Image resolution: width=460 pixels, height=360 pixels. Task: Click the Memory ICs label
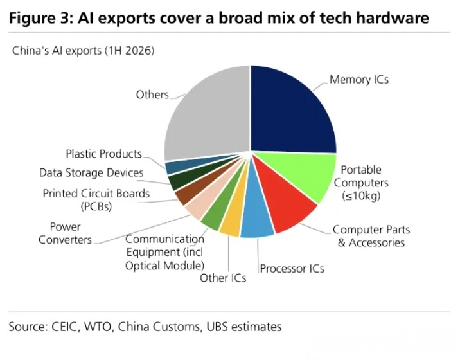point(359,79)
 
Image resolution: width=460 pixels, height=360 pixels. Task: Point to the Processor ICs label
point(292,268)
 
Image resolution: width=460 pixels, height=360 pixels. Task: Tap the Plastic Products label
point(104,154)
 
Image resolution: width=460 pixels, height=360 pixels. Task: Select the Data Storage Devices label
point(91,173)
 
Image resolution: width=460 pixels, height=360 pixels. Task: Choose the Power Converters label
point(65,233)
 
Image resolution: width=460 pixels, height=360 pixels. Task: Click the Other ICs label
point(223,278)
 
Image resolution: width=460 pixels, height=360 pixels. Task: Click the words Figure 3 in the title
point(41,18)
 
